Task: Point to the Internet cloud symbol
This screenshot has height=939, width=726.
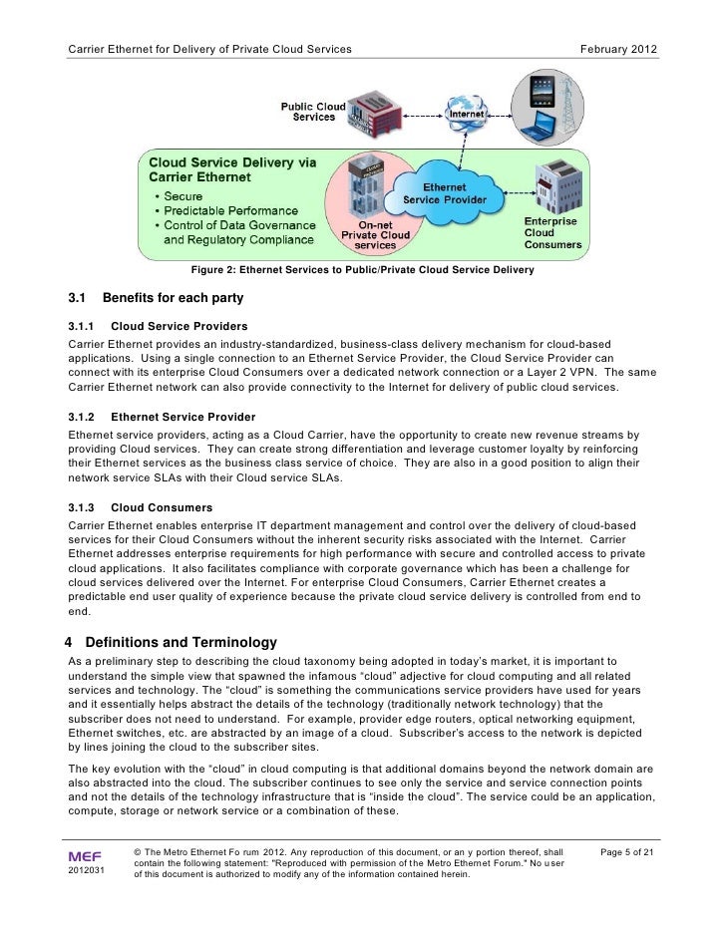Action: tap(471, 114)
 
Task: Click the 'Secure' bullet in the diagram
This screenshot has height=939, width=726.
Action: tap(183, 196)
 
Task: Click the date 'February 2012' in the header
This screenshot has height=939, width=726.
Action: tap(619, 50)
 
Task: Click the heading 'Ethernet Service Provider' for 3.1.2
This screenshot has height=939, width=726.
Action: tap(182, 416)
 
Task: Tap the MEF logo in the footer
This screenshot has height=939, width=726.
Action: tap(84, 854)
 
